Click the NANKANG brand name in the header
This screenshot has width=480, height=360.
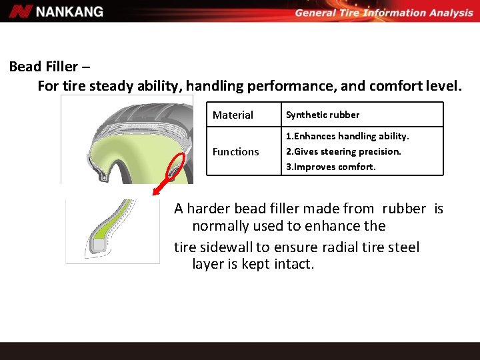tap(70, 11)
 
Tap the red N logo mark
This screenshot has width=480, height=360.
tap(21, 11)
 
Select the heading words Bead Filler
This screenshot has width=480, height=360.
tap(43, 67)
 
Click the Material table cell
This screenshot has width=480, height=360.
tap(233, 115)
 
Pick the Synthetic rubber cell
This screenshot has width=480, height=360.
tap(323, 115)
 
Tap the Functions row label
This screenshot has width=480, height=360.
tap(235, 152)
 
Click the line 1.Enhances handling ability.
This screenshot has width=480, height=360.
tap(347, 136)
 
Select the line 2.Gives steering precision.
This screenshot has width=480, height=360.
tap(343, 151)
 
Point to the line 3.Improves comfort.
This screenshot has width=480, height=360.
tap(331, 167)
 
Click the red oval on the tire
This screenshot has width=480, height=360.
tap(177, 167)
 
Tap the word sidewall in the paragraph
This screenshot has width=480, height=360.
tap(226, 247)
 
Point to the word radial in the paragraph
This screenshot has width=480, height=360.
tap(341, 247)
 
